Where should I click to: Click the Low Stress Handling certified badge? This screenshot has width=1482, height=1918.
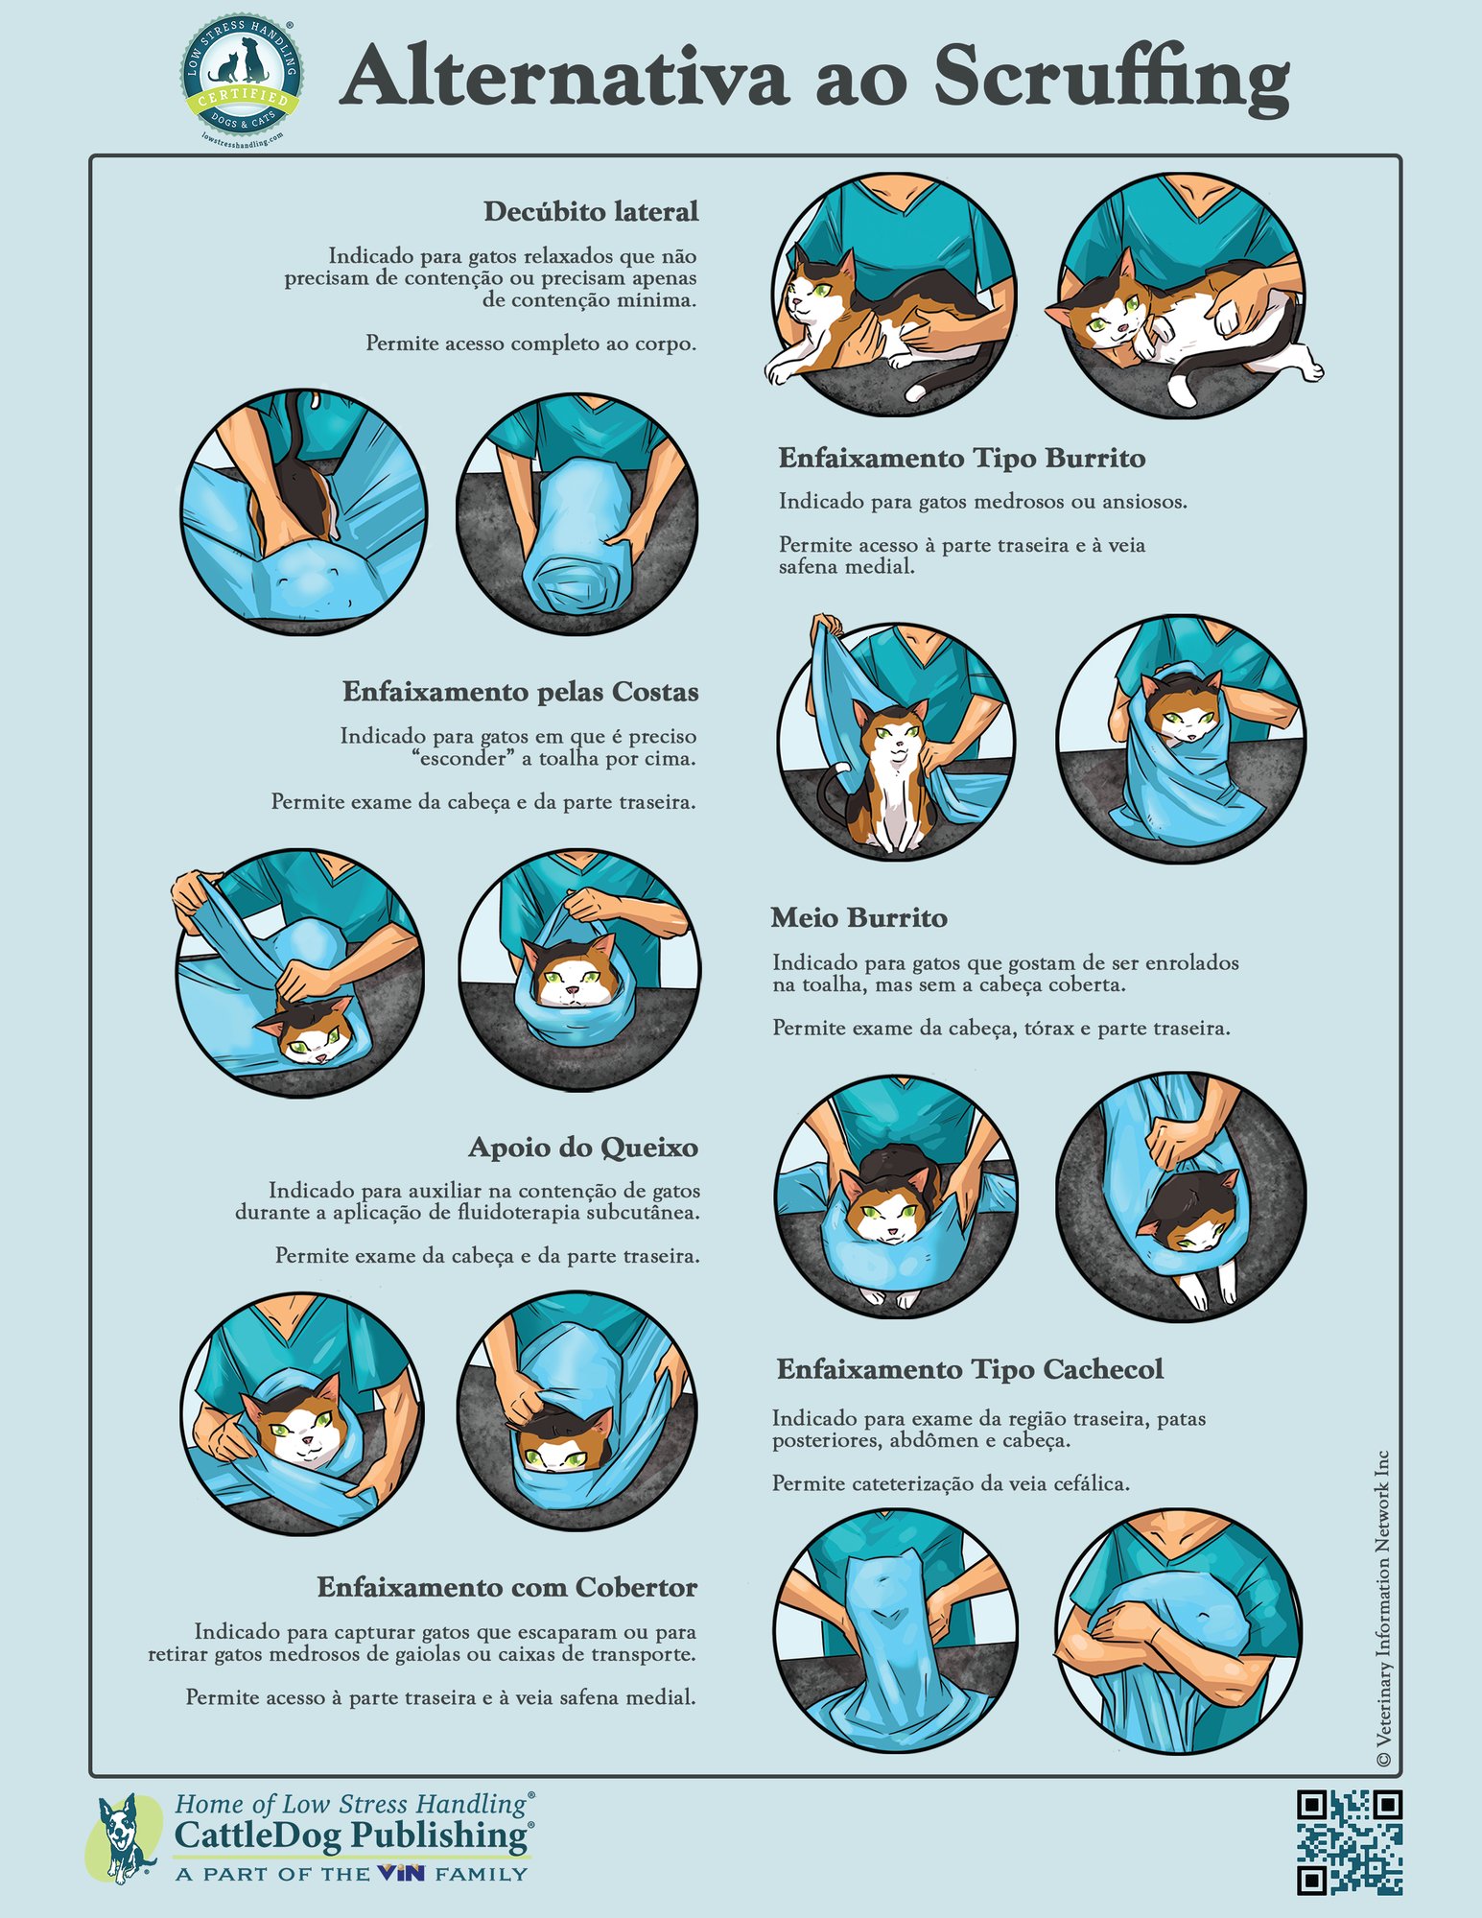(x=242, y=83)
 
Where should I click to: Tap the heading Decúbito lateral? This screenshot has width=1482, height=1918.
(x=590, y=212)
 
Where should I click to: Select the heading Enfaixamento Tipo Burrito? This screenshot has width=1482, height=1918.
(x=961, y=459)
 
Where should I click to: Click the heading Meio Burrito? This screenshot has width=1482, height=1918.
(x=859, y=919)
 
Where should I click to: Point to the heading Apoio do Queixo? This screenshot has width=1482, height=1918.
(x=582, y=1148)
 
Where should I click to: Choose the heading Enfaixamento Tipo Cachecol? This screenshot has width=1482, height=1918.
(x=969, y=1370)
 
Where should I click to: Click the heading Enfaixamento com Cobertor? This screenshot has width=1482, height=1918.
(x=506, y=1588)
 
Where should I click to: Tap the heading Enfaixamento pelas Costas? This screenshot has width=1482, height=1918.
(x=520, y=693)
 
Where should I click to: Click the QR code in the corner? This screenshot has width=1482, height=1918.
(x=1349, y=1842)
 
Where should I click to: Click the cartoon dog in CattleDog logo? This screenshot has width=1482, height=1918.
(x=125, y=1837)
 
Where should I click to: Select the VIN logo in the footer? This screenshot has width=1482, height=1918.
(x=400, y=1873)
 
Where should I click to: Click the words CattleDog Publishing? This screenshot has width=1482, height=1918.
(x=351, y=1836)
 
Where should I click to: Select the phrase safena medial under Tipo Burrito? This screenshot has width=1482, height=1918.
(x=846, y=567)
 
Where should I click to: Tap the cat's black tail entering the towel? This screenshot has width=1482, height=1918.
(x=297, y=427)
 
